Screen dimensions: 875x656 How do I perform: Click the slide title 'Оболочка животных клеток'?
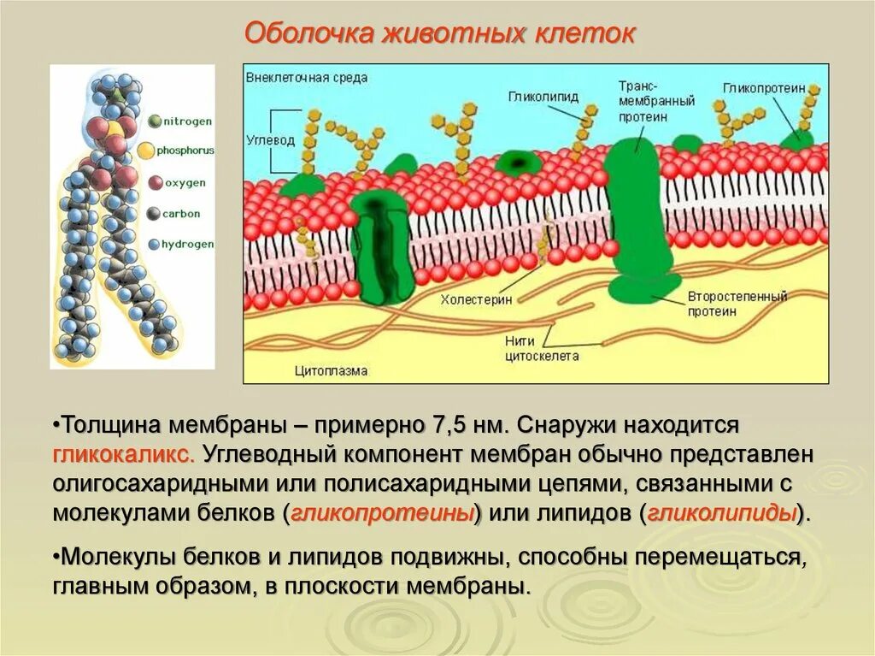click(x=440, y=33)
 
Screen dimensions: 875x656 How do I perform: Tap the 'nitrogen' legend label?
click(x=186, y=121)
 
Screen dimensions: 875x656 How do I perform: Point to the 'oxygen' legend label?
click(x=185, y=181)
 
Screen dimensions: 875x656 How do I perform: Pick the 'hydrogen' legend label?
click(x=189, y=244)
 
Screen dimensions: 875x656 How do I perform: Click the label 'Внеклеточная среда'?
click(x=306, y=77)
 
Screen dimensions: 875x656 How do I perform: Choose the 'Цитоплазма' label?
click(x=331, y=370)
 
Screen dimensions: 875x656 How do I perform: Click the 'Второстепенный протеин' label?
click(x=737, y=304)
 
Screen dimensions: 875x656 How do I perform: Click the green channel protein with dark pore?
click(x=381, y=248)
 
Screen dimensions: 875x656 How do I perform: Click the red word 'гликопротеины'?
click(x=382, y=514)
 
